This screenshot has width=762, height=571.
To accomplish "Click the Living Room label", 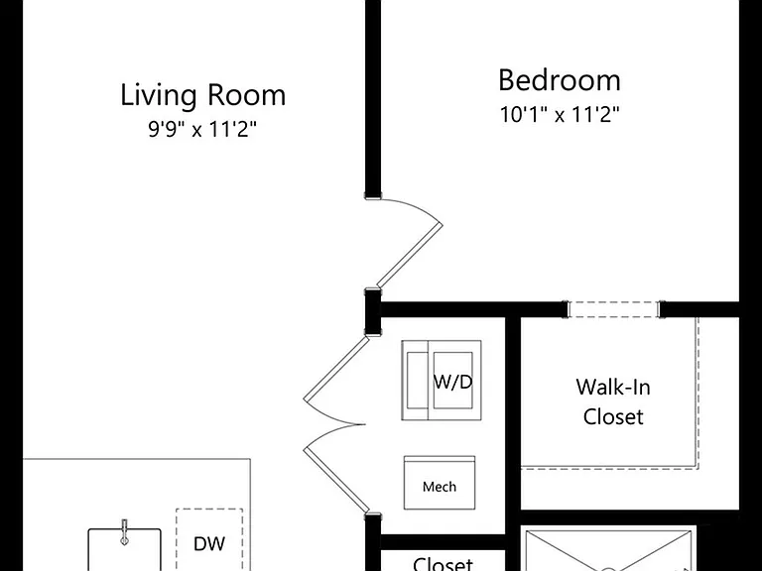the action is [202, 95].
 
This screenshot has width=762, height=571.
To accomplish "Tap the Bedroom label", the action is [560, 80].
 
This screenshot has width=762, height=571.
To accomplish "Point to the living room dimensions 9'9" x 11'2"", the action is [202, 129].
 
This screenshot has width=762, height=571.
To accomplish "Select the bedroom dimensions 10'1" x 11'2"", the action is [560, 115].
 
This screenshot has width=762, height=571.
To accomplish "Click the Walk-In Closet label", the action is [613, 401].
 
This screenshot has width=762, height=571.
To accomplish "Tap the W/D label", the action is [452, 382].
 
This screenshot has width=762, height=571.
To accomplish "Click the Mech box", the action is [440, 483].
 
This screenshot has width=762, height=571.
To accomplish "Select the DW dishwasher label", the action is [209, 544].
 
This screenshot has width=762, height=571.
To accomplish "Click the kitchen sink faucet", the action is [124, 532].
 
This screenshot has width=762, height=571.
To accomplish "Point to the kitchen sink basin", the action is [124, 550].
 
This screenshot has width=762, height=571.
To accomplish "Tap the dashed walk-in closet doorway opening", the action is [613, 309].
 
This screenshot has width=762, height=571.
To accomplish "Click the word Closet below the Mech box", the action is [443, 563].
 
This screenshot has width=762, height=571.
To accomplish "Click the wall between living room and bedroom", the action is [373, 97].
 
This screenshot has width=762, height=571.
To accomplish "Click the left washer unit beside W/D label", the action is [415, 381].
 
